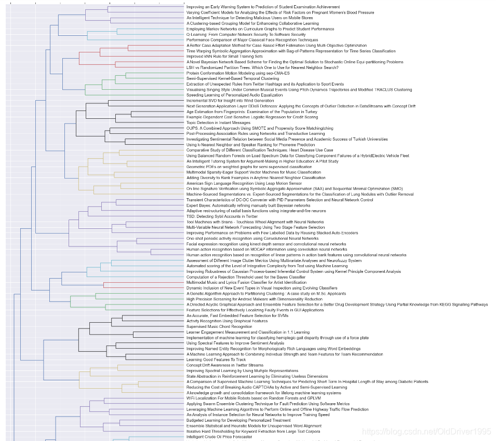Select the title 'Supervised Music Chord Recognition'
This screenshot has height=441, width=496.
[219, 326]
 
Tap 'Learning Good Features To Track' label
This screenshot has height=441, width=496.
[216, 360]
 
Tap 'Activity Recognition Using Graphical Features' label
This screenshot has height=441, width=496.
[227, 321]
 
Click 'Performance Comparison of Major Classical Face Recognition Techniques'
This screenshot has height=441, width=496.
[252, 40]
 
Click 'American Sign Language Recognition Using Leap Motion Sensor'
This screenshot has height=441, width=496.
[244, 183]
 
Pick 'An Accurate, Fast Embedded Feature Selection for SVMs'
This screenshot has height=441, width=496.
[237, 315]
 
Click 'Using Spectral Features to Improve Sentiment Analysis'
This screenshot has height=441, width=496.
[235, 343]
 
